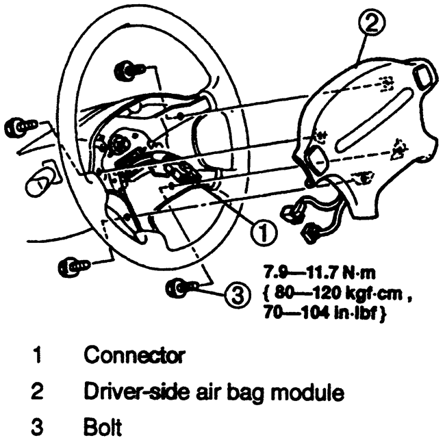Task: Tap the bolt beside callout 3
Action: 178,287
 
